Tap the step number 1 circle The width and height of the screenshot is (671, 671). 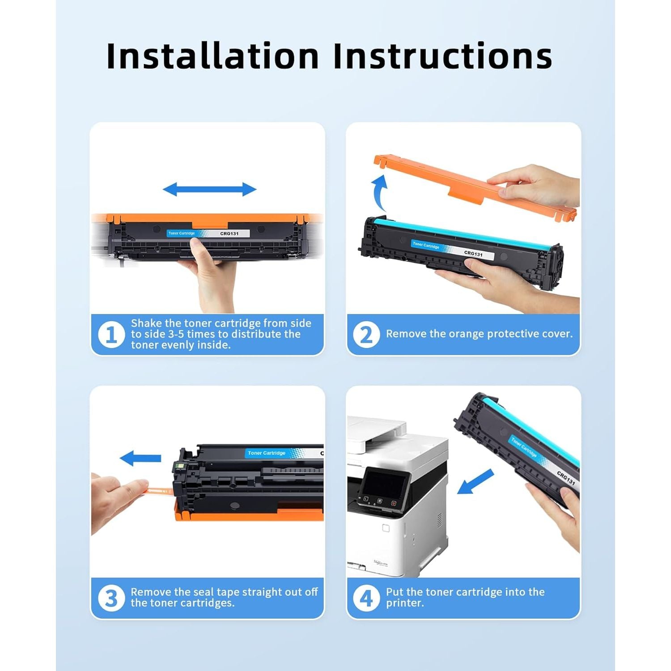coord(111,334)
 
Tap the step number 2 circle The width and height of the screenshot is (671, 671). coord(366,334)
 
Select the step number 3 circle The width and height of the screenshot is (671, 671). coord(111,598)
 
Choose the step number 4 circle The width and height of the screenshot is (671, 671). coord(366,598)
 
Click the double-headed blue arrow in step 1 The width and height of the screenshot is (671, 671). coord(209,189)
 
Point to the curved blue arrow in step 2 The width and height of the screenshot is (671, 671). coord(379,192)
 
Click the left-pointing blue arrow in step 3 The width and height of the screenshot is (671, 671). coord(140,458)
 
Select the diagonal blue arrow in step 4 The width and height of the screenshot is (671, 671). coord(475,481)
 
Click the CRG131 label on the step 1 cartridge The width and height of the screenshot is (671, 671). coord(229,234)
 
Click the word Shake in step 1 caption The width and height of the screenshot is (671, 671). coord(146,323)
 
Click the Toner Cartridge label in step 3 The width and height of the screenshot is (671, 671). coord(267,453)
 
